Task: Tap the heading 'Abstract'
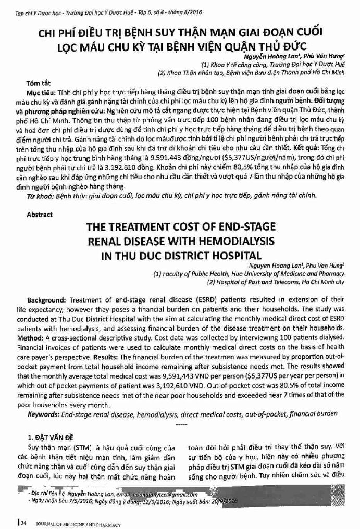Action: pyautogui.click(x=40, y=215)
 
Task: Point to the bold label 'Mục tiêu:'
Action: pyautogui.click(x=42, y=92)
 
